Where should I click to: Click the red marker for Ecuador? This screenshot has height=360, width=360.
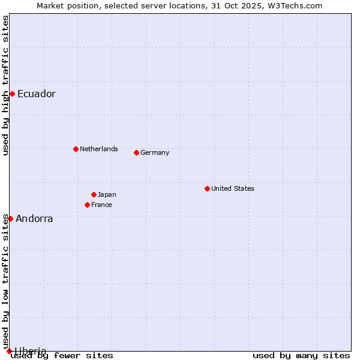coord(12,94)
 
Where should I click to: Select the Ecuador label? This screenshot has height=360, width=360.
coord(36,94)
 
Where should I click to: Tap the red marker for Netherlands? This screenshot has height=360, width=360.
coord(76,149)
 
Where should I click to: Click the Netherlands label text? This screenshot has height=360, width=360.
coord(98,149)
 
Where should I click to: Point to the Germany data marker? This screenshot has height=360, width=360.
coord(136,152)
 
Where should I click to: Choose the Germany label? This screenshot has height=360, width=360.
coord(155,152)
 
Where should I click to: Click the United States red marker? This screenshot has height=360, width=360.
coord(207,188)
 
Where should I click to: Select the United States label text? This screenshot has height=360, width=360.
coord(232,188)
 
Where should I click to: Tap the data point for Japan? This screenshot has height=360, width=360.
coord(94,194)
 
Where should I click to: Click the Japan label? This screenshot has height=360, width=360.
coord(107,194)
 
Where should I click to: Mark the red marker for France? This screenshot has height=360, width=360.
coord(87,205)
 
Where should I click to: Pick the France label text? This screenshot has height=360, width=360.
coord(101,205)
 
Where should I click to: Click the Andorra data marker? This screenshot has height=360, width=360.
coord(10,218)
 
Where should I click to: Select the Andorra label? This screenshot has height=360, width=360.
coord(34,219)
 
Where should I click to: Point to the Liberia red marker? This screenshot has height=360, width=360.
coord(9,351)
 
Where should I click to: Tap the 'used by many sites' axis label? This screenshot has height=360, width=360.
coord(301,356)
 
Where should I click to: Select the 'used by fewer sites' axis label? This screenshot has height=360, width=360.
coord(62,356)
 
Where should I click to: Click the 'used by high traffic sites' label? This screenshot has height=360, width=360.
coord(5,85)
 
